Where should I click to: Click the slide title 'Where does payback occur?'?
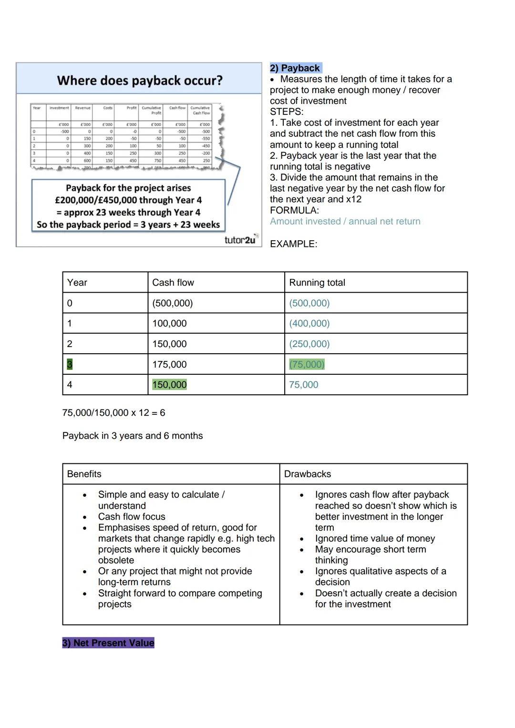click(x=140, y=80)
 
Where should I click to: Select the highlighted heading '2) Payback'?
click(x=295, y=68)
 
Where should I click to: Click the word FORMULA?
click(x=294, y=210)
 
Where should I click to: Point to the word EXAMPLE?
click(x=293, y=244)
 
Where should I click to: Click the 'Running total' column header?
click(x=317, y=283)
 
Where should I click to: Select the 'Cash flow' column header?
click(x=173, y=283)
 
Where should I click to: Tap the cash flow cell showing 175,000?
click(x=169, y=365)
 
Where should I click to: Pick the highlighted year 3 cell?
click(x=70, y=365)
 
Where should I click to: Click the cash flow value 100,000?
click(x=169, y=324)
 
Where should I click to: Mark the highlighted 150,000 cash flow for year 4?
click(x=169, y=385)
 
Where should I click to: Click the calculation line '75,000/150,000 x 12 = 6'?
click(x=113, y=413)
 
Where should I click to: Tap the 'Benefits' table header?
click(x=84, y=474)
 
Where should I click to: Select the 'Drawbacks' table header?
click(x=308, y=474)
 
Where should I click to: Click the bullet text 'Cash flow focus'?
click(x=132, y=517)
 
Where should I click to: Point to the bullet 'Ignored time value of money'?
click(x=375, y=539)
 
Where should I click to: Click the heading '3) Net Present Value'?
click(x=108, y=643)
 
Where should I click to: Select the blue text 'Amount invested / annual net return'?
click(x=345, y=221)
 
